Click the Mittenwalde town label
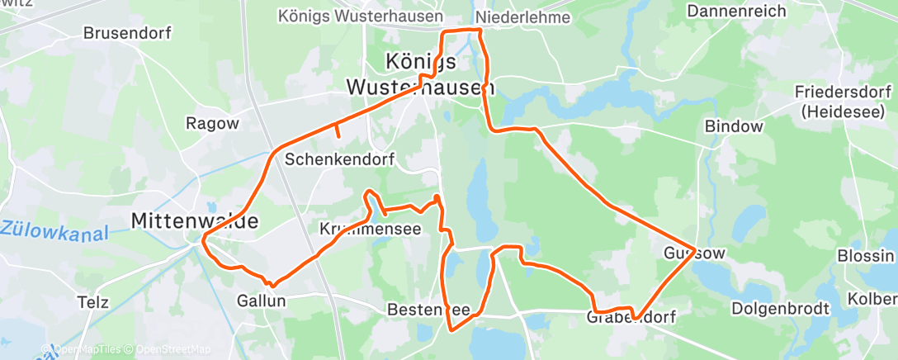195,221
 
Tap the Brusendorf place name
126,34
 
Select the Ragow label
212,123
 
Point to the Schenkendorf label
339,159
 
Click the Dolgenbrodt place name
783,309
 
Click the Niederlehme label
523,17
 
